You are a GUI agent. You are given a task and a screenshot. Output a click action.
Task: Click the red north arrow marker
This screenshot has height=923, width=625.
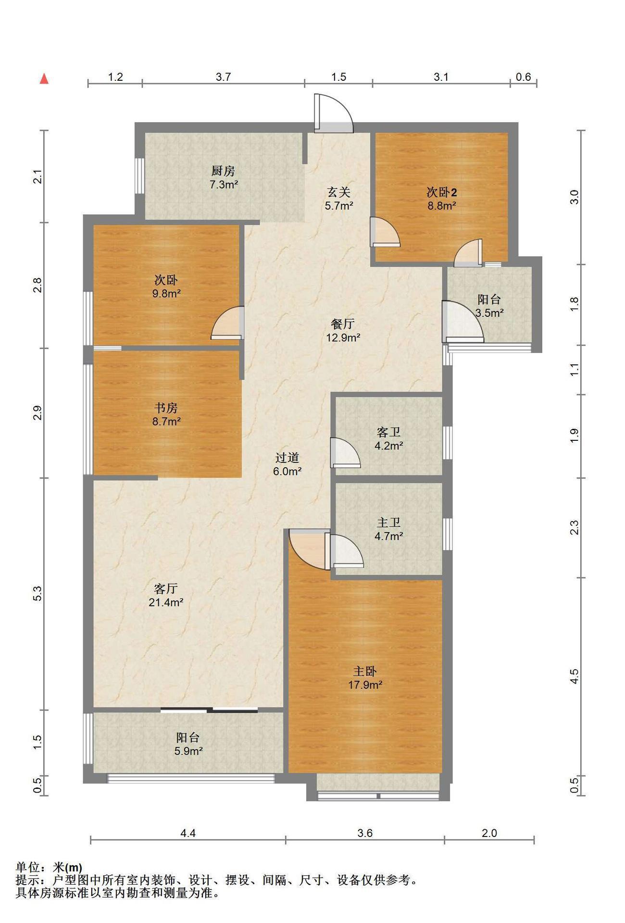(44, 79)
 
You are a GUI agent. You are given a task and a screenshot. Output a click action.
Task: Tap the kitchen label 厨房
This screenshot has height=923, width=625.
(223, 171)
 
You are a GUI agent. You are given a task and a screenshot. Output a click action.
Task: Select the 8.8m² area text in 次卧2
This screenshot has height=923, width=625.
(442, 206)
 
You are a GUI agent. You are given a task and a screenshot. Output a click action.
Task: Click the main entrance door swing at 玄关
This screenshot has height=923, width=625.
(334, 113)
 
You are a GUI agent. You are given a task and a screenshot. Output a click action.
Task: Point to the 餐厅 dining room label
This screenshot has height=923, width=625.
(343, 324)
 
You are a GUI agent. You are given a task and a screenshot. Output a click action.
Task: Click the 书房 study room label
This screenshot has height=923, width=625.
(166, 408)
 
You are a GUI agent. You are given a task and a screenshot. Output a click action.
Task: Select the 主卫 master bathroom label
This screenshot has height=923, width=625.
(388, 522)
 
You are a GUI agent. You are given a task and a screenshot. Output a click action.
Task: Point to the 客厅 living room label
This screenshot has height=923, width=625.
(166, 588)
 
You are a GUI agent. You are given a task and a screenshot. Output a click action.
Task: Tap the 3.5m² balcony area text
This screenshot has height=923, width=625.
(489, 313)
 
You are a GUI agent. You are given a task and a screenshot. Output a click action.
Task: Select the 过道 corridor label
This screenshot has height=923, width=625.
(287, 458)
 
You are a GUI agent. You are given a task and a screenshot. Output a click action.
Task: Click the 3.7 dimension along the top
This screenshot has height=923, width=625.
(223, 77)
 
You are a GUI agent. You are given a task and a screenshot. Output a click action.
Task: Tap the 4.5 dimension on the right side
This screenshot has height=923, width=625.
(574, 676)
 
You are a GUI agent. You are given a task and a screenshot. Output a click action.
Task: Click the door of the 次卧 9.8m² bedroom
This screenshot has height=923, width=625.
(227, 323)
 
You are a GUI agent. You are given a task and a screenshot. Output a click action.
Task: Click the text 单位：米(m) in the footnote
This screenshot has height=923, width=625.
(49, 868)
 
